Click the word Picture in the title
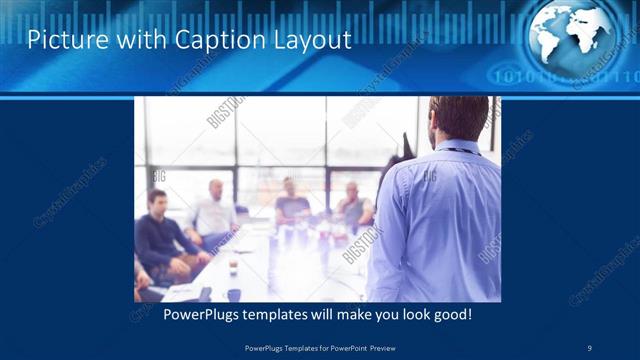(x=62, y=40)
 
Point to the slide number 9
(x=590, y=347)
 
